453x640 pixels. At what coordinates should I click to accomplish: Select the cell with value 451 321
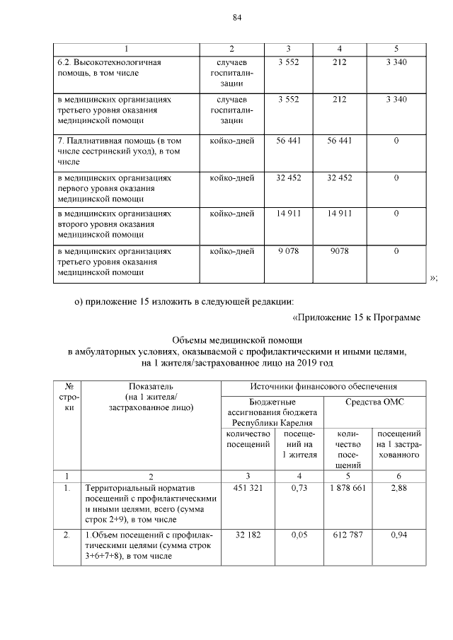248,489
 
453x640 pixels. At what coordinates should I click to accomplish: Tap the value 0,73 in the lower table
299,489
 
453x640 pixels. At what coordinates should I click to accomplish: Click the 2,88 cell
401,489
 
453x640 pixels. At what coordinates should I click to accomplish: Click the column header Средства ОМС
374,402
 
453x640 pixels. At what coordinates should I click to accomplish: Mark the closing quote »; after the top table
433,278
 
